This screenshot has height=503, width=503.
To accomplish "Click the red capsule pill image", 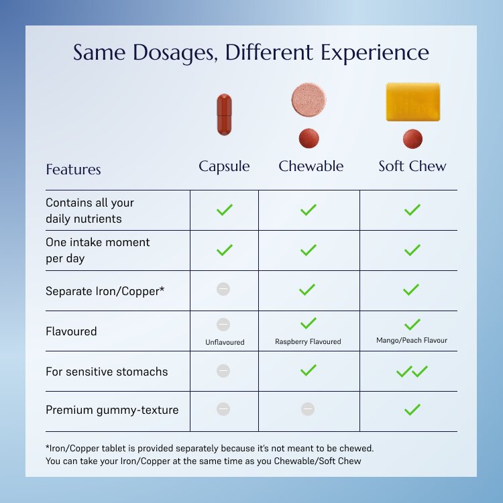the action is pos(224,115).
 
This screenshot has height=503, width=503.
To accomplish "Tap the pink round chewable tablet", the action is pos(309,99).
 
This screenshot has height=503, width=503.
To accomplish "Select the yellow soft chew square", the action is pos(413,102).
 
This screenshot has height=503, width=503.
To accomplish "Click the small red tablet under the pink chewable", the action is pos(309,138).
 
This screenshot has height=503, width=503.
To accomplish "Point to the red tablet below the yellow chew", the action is pos(412,139).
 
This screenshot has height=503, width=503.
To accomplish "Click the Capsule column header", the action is pos(224,166).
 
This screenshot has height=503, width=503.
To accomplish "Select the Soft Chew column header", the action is pos(412,166).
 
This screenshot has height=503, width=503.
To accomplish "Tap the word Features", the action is pos(74,170).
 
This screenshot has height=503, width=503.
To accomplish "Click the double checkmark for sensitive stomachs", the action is pos(412,372).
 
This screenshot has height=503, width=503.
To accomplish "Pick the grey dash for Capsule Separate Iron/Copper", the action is pos(223,289).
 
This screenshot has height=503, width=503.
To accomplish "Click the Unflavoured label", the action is pos(225,342).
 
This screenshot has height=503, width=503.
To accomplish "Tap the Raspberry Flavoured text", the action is pos(308,341).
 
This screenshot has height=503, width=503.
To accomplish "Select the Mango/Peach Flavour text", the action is pos(412,340).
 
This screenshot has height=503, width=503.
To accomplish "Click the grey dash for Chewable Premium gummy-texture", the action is pos(308,409).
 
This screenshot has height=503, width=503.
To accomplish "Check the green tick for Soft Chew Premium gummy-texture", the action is pos(412,410).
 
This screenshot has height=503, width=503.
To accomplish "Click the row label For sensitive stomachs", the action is pos(107,372).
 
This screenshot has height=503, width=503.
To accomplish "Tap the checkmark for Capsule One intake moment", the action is pos(225,250).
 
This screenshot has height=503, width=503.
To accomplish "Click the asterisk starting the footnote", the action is pos(48,447).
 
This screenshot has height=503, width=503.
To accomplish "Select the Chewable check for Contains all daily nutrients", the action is pos(309,210).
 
